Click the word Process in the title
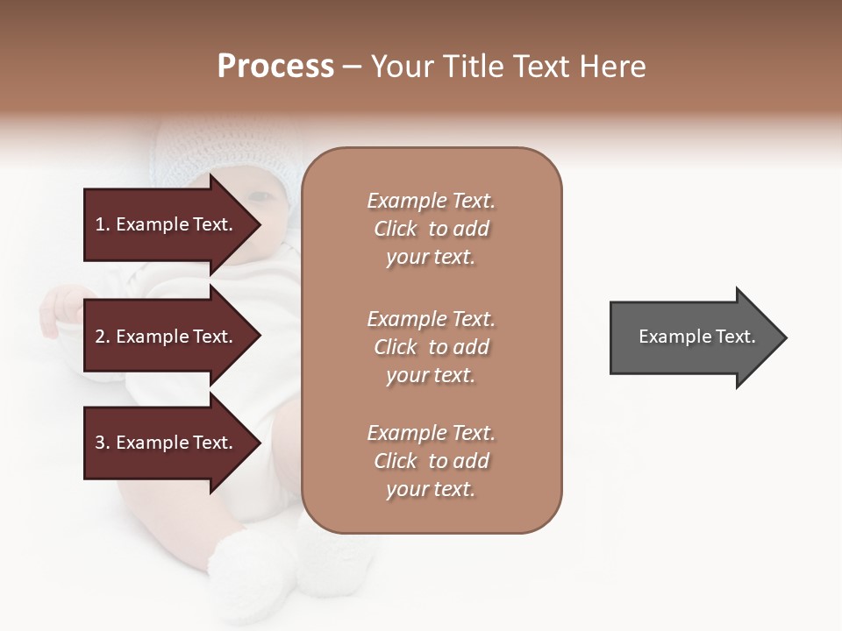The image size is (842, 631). pyautogui.click(x=275, y=67)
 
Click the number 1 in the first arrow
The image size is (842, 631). pyautogui.click(x=100, y=225)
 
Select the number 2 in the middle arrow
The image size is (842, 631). pyautogui.click(x=100, y=337)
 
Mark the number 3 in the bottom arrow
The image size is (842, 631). pyautogui.click(x=100, y=443)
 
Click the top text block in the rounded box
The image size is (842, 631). pyautogui.click(x=431, y=229)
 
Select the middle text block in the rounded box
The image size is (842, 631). pyautogui.click(x=431, y=347)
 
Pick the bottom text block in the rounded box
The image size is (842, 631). pyautogui.click(x=431, y=461)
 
